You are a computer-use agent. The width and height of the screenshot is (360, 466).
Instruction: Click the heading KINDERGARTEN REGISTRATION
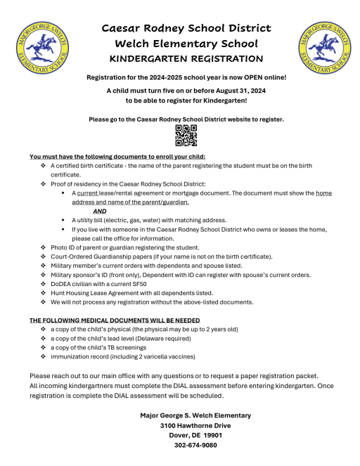[x=186, y=58]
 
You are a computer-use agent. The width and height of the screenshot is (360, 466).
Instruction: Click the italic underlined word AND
[x=100, y=210]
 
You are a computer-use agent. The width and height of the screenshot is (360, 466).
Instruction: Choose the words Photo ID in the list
[x=64, y=247]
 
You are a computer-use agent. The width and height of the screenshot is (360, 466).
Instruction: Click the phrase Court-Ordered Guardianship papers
[x=98, y=257]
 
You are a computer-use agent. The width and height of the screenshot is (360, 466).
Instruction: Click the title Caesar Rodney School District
[x=186, y=28]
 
